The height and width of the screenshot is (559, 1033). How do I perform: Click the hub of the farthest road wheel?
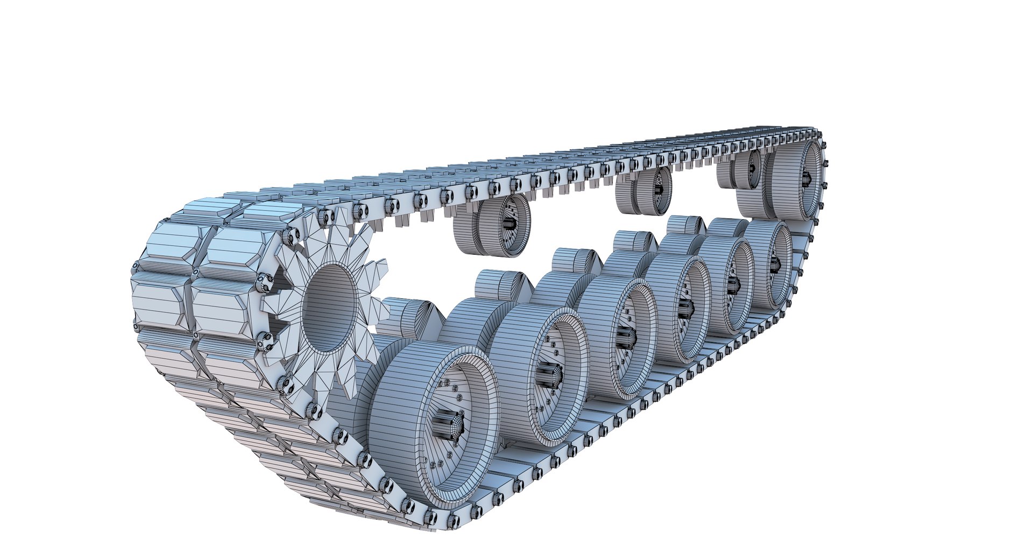click(x=775, y=263)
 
